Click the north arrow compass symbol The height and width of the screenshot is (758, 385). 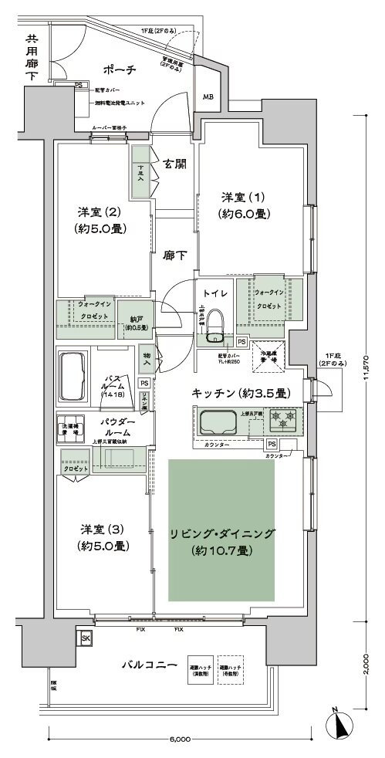(x=339, y=726)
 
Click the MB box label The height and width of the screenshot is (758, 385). (x=208, y=97)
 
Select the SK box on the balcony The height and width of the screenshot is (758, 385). (x=86, y=638)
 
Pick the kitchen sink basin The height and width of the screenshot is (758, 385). (x=219, y=423)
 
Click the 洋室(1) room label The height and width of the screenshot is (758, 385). (x=243, y=205)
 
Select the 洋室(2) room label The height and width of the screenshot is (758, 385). (x=101, y=219)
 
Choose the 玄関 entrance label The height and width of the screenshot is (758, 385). (x=174, y=164)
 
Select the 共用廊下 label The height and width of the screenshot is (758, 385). (x=32, y=58)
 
